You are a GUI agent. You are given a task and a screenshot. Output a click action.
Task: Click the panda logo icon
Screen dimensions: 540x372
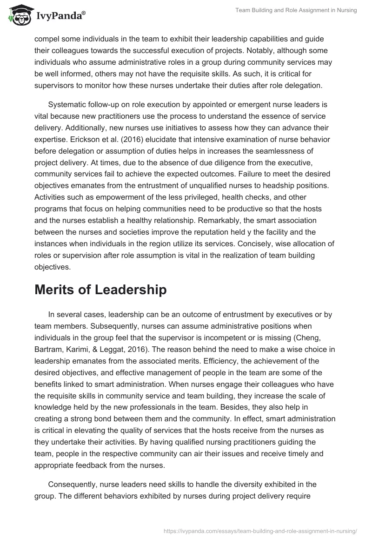coord(17,15)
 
